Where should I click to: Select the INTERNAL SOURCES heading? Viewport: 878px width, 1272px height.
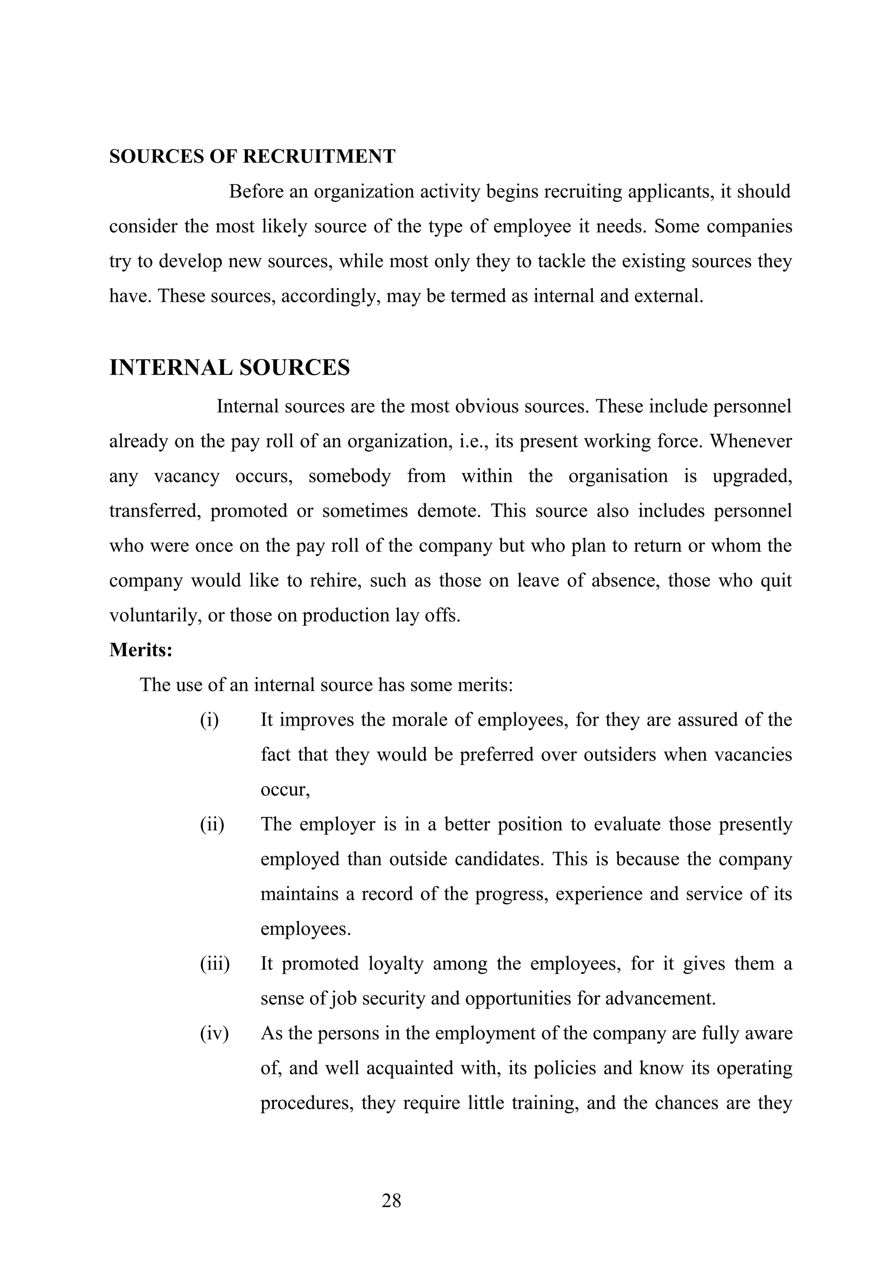click(229, 368)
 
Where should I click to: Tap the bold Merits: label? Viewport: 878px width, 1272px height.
click(141, 650)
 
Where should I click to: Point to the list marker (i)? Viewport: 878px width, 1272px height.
click(209, 720)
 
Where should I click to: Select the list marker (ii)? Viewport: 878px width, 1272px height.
click(212, 824)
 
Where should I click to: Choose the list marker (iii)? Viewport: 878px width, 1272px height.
click(214, 963)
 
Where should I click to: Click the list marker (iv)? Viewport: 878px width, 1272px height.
click(214, 1033)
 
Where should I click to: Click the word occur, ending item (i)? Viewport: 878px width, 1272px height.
click(285, 790)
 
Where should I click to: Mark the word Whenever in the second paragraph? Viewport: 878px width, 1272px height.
click(751, 441)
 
